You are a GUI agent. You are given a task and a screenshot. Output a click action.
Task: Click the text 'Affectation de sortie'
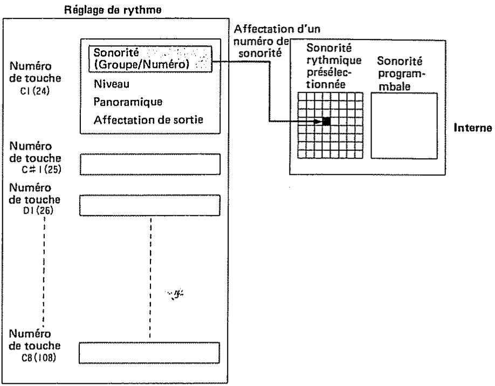(x=148, y=120)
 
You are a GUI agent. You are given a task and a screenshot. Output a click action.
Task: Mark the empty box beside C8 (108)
(x=150, y=352)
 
